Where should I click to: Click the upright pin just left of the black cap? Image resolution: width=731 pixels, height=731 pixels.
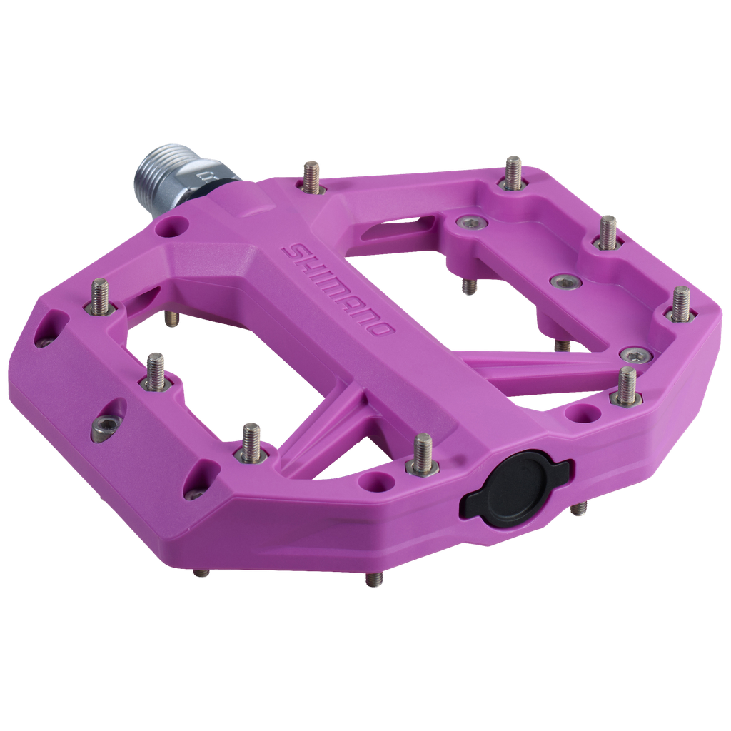tap(422, 453)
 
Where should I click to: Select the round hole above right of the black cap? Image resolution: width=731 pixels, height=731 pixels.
tap(579, 413)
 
